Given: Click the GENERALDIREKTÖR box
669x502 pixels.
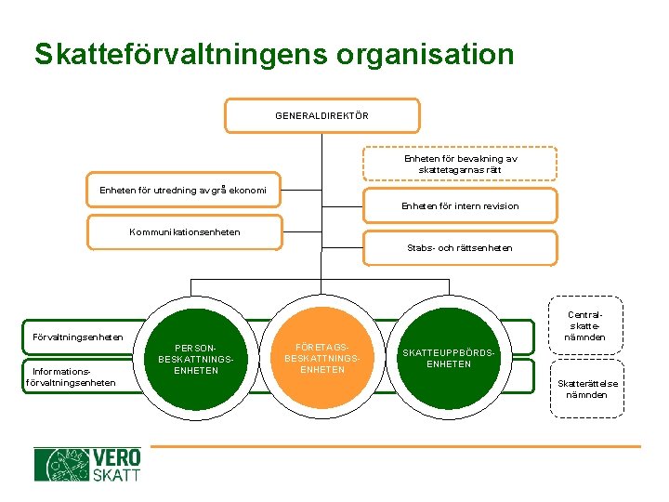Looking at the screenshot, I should point(321,116).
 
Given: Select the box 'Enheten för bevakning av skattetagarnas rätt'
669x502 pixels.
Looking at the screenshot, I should point(460,165).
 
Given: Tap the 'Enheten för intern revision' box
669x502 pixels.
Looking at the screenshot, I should point(460,205).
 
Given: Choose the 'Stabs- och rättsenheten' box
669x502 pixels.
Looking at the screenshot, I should point(460,248).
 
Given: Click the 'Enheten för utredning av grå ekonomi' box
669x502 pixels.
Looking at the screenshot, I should point(183,190).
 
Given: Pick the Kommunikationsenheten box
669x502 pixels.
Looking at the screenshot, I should point(184,231).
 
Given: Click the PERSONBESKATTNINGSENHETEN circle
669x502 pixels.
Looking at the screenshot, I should point(196,357).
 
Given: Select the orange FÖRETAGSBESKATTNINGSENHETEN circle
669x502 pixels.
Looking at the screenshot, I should point(321,357).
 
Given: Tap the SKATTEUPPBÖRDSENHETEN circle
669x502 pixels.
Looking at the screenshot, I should point(449,357).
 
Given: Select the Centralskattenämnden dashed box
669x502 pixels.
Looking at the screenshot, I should point(585,325).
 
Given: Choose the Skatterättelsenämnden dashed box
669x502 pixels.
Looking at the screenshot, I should point(585,389).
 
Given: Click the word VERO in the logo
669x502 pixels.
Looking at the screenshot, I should point(116,457).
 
